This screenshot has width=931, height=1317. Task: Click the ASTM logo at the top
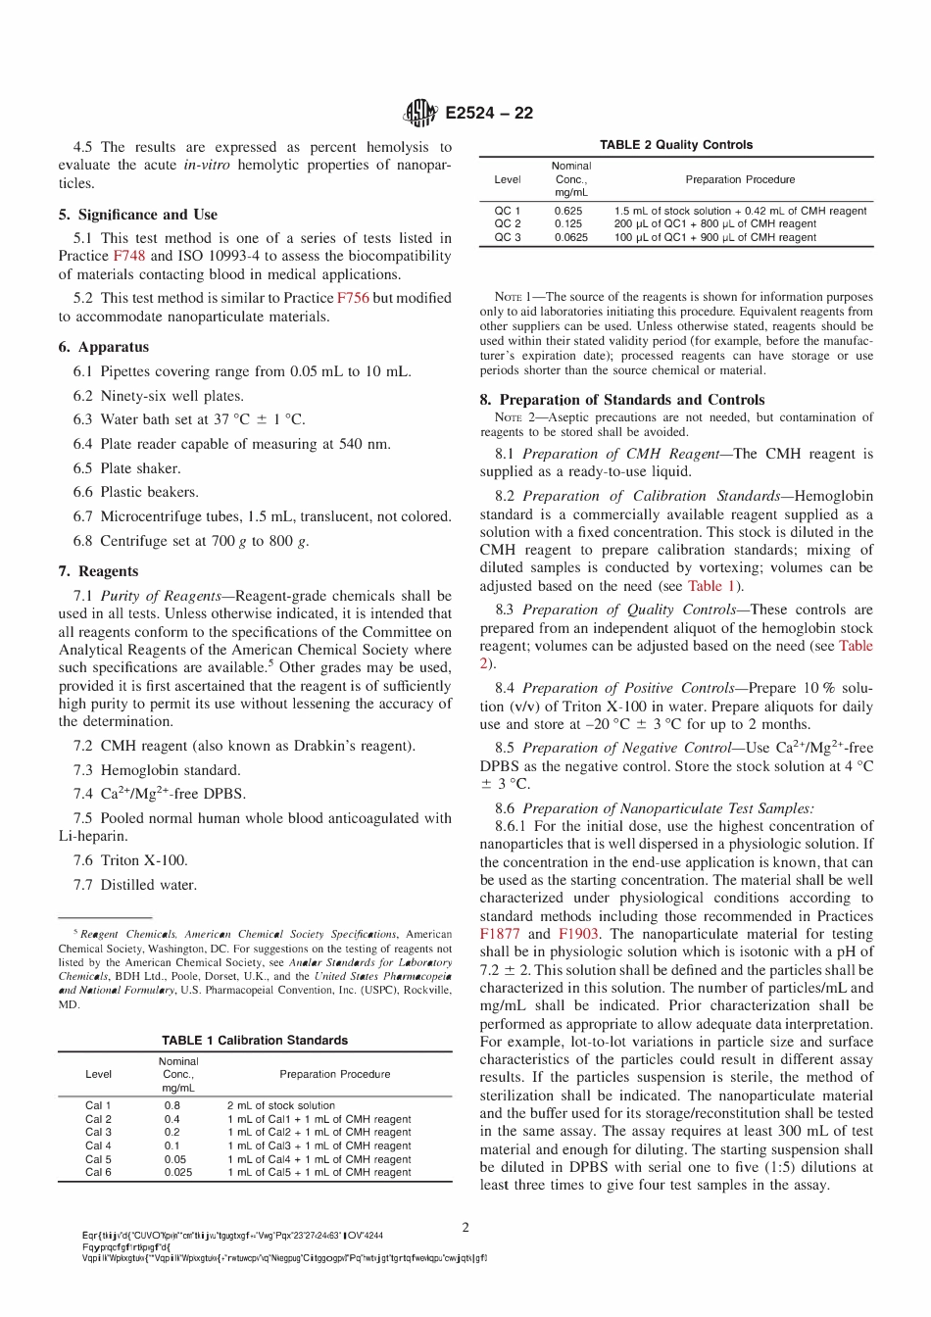(x=419, y=113)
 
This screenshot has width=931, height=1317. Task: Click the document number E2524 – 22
(x=489, y=113)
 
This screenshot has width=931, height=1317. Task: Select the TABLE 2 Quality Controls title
(x=676, y=145)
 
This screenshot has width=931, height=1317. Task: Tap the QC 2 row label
(x=507, y=223)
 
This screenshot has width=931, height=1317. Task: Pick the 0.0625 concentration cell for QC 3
(x=570, y=237)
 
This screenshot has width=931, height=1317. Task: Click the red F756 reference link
(x=353, y=298)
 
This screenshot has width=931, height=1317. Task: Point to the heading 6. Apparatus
(x=104, y=347)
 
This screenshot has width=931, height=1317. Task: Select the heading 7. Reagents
(x=98, y=571)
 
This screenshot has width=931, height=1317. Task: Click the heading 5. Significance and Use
(x=138, y=215)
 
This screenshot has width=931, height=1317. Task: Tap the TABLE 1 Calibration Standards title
(x=255, y=1041)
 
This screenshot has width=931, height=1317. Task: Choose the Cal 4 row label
(x=98, y=1146)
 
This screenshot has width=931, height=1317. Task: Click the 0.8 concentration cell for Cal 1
(x=172, y=1105)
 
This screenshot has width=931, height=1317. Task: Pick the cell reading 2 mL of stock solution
(x=281, y=1105)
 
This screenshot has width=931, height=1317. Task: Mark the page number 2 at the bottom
(x=465, y=1227)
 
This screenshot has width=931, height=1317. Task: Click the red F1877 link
(x=500, y=934)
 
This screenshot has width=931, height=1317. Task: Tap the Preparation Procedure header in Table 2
(x=740, y=179)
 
